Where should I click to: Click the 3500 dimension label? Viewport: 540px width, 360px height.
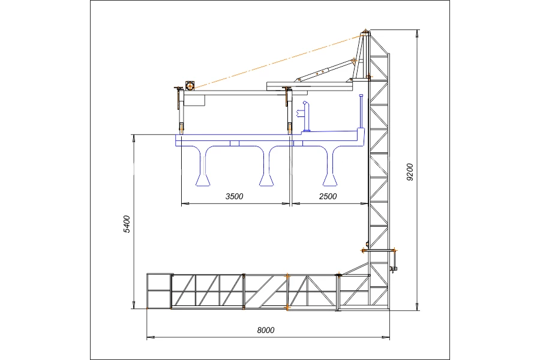coord(234,196)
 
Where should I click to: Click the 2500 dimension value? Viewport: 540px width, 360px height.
coord(328,196)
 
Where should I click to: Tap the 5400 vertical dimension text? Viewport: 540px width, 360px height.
coord(127,224)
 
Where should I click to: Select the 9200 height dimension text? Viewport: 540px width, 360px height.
coord(410,172)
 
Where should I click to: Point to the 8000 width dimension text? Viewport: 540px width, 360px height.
coord(266,330)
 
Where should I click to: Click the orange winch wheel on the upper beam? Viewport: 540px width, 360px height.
coord(190,85)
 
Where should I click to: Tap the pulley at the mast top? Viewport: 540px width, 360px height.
coord(365,33)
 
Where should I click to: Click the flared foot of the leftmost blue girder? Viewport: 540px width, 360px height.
coord(202,180)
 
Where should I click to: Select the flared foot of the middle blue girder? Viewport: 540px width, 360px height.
coord(266,180)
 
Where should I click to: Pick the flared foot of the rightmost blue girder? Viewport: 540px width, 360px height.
coord(329,180)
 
